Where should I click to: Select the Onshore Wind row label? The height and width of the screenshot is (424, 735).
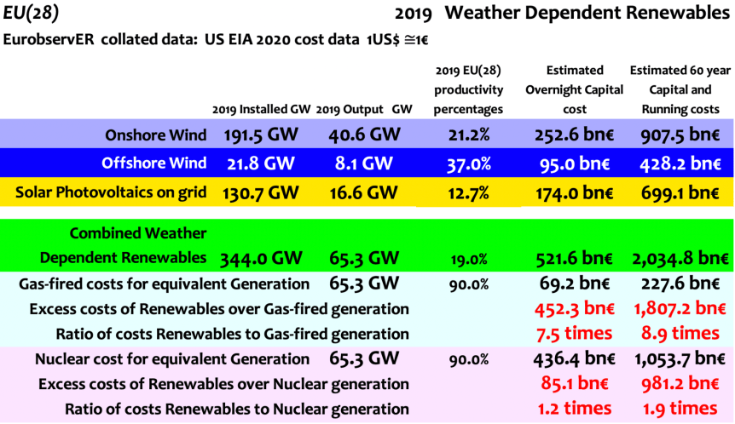tap(155, 135)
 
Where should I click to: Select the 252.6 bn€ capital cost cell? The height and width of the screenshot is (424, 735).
tap(574, 135)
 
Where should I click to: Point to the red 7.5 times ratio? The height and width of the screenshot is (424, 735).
tap(575, 334)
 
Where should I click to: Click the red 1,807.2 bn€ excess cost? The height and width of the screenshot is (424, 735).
tap(679, 309)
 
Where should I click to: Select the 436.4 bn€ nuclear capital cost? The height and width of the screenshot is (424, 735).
tap(574, 359)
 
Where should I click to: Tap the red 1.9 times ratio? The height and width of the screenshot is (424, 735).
tap(680, 409)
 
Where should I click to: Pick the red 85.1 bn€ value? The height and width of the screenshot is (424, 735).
tap(574, 384)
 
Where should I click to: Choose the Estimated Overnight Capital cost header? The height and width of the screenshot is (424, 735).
tap(574, 89)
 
